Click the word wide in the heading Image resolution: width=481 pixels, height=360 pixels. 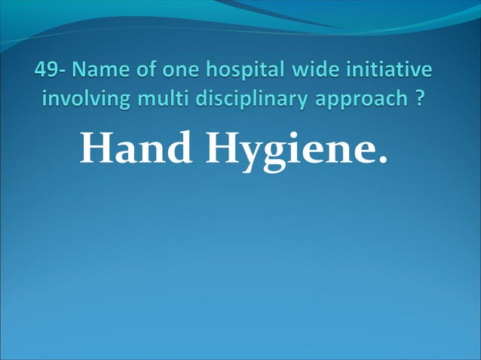click(x=316, y=71)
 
